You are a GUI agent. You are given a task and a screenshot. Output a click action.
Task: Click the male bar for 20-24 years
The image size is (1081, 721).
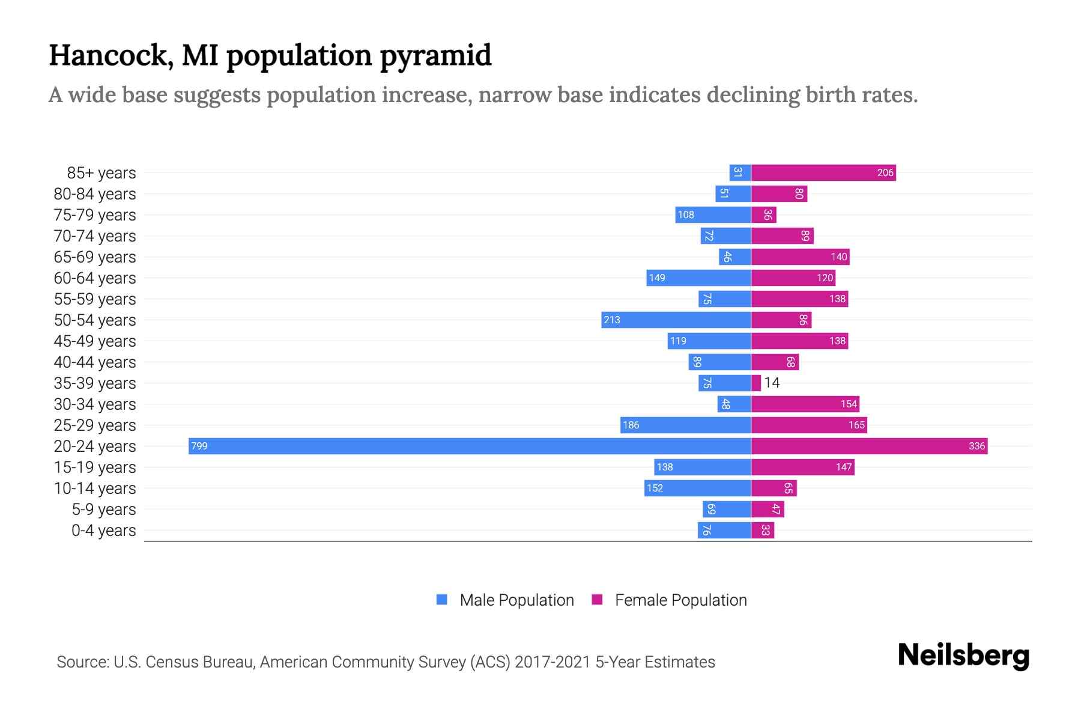470,446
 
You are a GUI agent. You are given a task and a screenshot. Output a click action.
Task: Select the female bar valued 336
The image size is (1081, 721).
869,446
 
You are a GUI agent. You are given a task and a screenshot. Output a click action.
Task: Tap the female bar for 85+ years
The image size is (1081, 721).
823,173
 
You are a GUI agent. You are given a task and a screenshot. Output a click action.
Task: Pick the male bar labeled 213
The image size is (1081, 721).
676,320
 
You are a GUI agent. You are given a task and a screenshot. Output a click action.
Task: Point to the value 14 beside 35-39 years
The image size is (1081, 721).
772,383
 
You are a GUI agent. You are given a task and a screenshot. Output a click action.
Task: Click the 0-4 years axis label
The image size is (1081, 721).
103,531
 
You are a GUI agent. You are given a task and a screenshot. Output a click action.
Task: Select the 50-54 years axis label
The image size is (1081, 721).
95,320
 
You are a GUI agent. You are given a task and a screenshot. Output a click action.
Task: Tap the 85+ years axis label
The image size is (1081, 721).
101,173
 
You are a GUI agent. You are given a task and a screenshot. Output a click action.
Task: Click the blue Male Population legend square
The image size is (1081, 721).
442,600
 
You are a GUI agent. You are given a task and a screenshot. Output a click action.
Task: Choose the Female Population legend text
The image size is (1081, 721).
680,600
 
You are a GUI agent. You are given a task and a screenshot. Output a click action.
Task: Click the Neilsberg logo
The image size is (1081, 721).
963,656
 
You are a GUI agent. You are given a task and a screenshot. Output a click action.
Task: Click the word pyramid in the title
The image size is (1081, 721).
435,55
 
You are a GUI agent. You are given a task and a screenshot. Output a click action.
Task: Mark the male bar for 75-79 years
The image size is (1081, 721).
713,214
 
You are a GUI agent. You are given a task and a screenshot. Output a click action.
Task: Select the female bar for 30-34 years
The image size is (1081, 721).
805,404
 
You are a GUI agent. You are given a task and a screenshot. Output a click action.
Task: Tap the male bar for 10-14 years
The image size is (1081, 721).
697,488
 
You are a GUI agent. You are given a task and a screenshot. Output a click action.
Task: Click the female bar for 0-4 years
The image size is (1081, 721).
763,530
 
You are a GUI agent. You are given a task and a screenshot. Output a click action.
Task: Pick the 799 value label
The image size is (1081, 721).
199,446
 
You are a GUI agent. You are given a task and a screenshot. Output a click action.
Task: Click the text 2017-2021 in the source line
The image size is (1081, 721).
553,662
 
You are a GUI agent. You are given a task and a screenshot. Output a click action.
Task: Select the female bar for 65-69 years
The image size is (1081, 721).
800,257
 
